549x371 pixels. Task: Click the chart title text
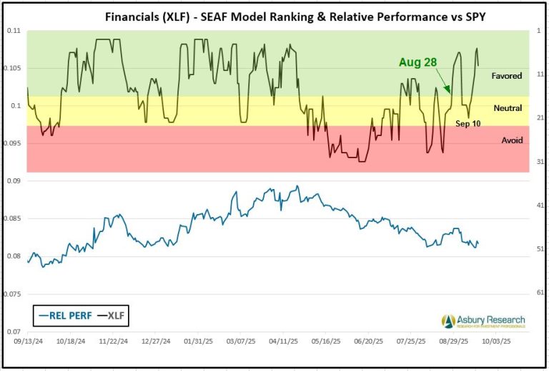(x=274, y=14)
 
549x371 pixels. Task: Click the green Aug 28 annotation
(x=418, y=62)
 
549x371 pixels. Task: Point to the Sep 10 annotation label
(x=468, y=123)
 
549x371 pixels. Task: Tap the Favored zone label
(x=507, y=75)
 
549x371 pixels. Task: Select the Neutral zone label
(x=508, y=108)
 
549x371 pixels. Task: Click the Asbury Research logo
(x=483, y=321)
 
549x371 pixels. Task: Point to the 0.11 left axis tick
(x=14, y=31)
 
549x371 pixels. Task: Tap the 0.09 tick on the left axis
(x=14, y=181)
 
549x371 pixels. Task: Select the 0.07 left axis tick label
(x=14, y=332)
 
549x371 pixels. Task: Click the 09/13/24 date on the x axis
(x=27, y=342)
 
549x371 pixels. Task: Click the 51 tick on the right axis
(x=540, y=249)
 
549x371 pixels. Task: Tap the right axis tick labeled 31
(x=540, y=162)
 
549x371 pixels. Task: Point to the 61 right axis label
(x=540, y=293)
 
